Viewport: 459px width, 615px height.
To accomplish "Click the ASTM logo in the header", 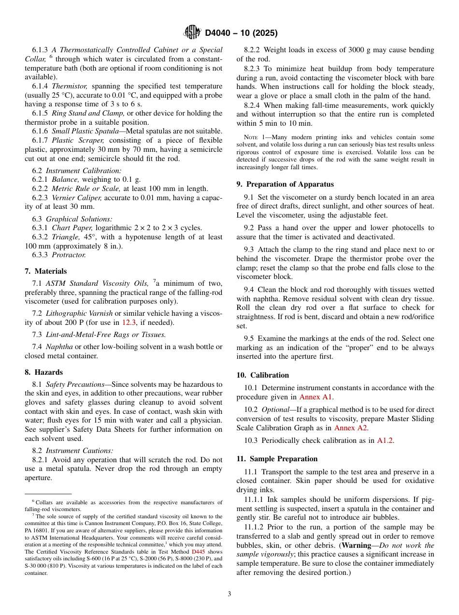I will coord(192,33).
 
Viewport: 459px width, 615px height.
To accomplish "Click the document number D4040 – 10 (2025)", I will coord(241,33).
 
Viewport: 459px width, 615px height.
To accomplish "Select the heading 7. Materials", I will coord(46,271).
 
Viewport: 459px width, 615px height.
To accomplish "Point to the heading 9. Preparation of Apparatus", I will coord(285,184).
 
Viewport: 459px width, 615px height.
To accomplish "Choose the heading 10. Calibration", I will coord(263,375).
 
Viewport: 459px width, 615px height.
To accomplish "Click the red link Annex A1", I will coord(316,397).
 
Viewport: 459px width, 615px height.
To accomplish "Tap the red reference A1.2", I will coord(386,440).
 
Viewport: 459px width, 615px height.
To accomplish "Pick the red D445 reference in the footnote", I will coord(199,552).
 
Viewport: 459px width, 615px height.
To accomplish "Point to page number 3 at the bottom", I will coord(229,594).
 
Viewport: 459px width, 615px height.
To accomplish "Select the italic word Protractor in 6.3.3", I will coord(69,255).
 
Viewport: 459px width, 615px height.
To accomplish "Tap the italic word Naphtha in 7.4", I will coord(59,347).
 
